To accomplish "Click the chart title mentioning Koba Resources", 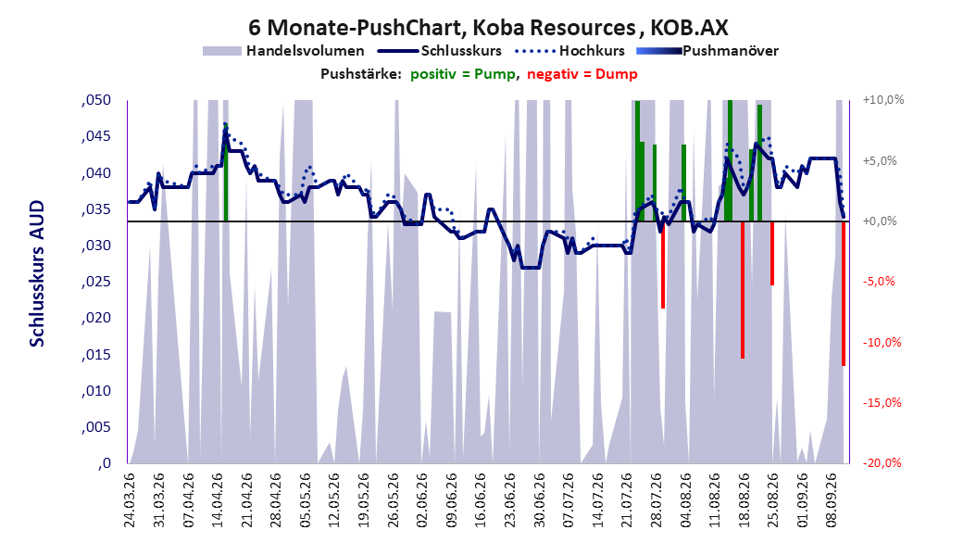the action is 488,28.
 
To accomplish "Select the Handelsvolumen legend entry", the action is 283,51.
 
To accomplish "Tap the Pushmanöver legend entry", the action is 707,51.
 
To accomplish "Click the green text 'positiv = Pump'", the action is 462,74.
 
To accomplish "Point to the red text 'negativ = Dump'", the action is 582,74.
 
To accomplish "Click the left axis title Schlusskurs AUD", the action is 37,273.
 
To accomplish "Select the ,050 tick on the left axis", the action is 96,100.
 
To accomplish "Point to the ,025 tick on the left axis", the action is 96,282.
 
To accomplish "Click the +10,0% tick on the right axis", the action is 883,100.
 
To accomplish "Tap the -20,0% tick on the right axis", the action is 882,462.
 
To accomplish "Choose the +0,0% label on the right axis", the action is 880,221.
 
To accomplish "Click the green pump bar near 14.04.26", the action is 225,172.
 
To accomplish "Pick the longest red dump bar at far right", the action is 844,294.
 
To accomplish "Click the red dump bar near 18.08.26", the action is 743,289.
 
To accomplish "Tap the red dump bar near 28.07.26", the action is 663,265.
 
